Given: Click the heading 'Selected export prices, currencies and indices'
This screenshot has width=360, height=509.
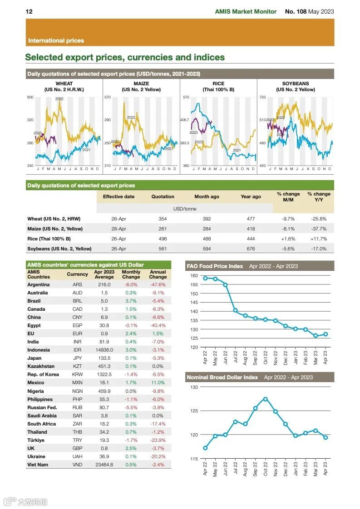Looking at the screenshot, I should tap(125, 58).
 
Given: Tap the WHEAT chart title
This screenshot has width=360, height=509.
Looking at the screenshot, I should tap(64, 83).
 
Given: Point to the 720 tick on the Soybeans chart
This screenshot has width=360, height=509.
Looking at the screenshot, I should tap(262, 98).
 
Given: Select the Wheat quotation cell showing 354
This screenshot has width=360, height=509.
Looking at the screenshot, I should tap(163, 219).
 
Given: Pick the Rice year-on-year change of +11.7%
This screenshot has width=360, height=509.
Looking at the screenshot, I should tap(319, 239).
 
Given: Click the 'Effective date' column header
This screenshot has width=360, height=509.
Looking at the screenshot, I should tap(118, 196).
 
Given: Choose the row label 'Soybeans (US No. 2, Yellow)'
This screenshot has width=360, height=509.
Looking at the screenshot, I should tap(59, 249).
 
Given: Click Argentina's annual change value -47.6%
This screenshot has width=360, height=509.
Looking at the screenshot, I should tap(158, 284).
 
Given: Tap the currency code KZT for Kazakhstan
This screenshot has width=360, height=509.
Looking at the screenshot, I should tap(78, 366).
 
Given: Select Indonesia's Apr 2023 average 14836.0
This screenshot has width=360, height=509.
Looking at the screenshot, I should tap(104, 350).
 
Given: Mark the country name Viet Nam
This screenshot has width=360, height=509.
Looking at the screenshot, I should tap(38, 465).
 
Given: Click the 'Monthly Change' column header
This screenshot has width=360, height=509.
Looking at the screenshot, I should tap(131, 274).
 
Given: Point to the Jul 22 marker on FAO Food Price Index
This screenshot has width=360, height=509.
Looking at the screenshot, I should tap(235, 310).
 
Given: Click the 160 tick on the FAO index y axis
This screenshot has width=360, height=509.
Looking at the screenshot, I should tap(194, 276).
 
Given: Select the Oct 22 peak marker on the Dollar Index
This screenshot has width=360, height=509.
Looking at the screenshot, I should tap(266, 399).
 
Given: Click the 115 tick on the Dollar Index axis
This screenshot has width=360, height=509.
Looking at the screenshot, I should tap(194, 459).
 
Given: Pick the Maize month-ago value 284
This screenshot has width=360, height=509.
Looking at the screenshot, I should tap(207, 229).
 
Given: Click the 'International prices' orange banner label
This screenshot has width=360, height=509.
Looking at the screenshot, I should tap(56, 40).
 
